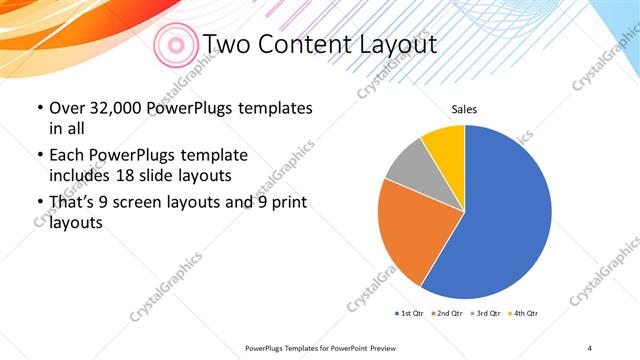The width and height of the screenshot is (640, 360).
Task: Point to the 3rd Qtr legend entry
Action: pos(484,314)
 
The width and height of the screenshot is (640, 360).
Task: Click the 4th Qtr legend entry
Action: pos(523,314)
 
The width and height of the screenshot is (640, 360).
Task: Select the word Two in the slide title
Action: pos(228,44)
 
